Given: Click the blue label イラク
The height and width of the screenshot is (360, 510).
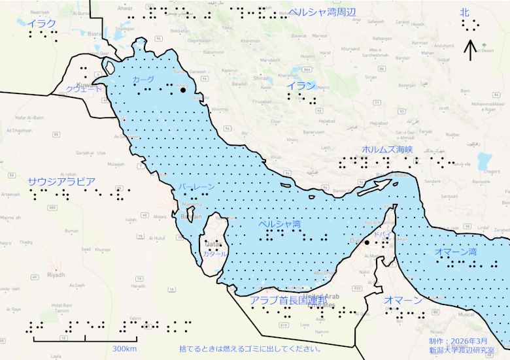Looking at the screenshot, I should point(41,24).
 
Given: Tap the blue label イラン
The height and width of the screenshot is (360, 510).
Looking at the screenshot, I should point(301,86).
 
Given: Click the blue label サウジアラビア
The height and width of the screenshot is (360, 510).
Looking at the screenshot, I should point(61,181).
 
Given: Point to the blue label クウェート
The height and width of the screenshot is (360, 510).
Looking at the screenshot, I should point(84,89).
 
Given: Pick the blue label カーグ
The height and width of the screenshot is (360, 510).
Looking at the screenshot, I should point(144,79).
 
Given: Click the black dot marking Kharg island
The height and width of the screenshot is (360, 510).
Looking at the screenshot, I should point(182,90).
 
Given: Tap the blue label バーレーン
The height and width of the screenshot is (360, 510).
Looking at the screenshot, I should point(196,187).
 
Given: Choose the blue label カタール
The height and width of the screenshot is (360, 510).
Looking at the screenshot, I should point(214,254).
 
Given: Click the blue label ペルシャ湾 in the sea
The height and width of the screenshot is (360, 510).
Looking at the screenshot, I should point(279,224).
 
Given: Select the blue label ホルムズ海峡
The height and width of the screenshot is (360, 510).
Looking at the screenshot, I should point(387,150).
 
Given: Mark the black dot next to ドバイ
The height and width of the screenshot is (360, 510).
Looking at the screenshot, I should point(367,242).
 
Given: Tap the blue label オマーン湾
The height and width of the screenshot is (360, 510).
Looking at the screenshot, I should point(455,252).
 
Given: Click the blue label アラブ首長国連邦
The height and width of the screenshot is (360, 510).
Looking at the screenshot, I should point(293,300).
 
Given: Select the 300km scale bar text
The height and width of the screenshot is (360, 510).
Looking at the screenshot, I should point(124,349).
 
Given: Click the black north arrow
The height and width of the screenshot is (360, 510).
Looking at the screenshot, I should point(469,50).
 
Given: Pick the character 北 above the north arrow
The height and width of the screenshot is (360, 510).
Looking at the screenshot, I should point(465,12).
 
